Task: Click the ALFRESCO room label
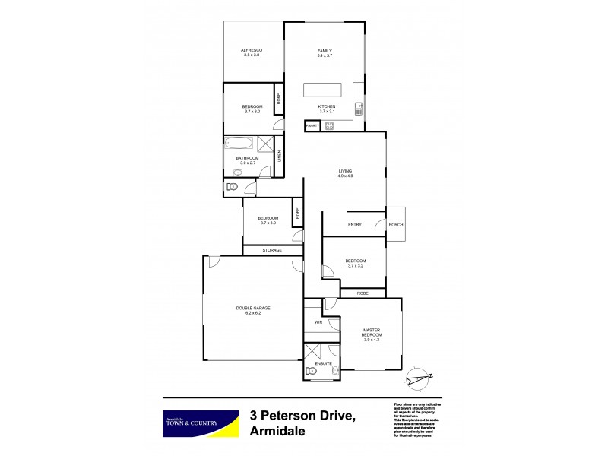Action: [252, 50]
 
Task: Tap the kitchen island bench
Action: [326, 90]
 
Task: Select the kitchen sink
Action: [359, 109]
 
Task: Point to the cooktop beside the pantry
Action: [330, 125]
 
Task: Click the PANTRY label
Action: [312, 125]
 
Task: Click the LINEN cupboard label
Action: [280, 156]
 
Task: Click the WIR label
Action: [318, 323]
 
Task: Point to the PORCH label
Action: [396, 225]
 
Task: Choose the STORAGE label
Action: [272, 250]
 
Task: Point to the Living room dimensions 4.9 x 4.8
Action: [346, 176]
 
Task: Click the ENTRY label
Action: [354, 225]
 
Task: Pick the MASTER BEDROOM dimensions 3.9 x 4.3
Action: [372, 340]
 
